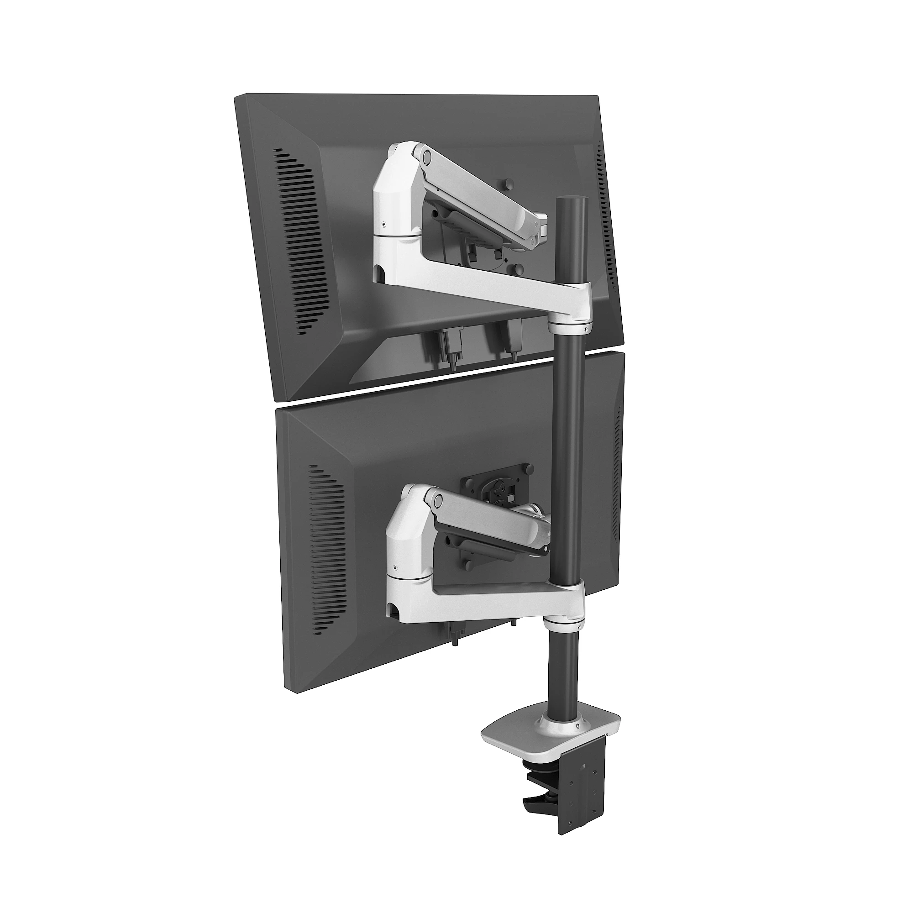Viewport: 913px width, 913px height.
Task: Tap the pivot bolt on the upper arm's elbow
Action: pyautogui.click(x=427, y=155)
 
